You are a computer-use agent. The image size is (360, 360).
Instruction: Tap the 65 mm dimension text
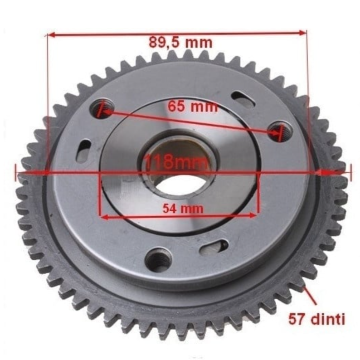[192, 106]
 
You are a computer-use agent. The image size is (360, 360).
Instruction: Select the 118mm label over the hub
[176, 161]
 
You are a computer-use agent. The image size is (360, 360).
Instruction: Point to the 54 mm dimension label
[183, 209]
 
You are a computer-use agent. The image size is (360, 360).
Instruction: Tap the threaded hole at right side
[280, 131]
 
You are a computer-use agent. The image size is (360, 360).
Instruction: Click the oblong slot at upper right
[243, 99]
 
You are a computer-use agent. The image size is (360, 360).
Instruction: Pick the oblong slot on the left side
[84, 151]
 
